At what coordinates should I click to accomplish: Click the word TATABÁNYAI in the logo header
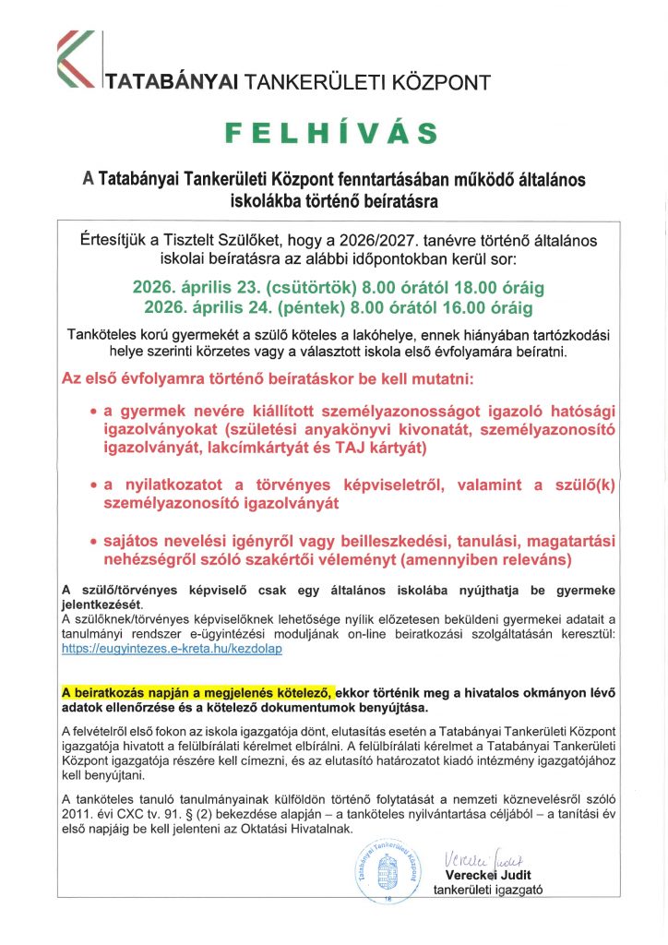click(x=173, y=83)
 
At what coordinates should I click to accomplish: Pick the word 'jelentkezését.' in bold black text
click(x=102, y=604)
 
